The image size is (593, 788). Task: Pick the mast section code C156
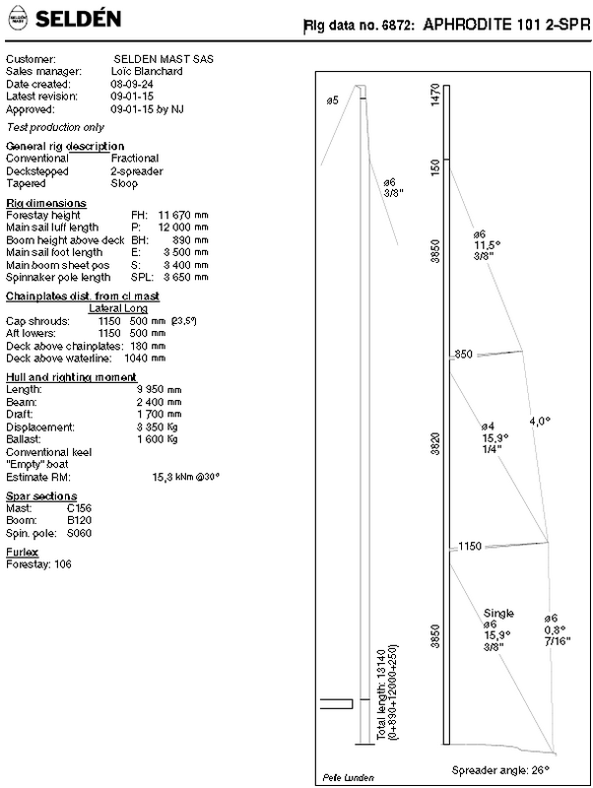[80, 509]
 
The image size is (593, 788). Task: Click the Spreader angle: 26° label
[498, 768]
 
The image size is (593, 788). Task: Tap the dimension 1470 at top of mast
[435, 98]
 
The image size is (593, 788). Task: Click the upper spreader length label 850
[464, 355]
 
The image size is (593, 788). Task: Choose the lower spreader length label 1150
[469, 546]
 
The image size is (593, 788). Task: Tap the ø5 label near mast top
[332, 100]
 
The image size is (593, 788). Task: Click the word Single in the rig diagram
[498, 613]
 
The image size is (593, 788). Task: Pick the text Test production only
[55, 127]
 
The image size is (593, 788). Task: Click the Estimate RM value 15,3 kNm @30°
[185, 477]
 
